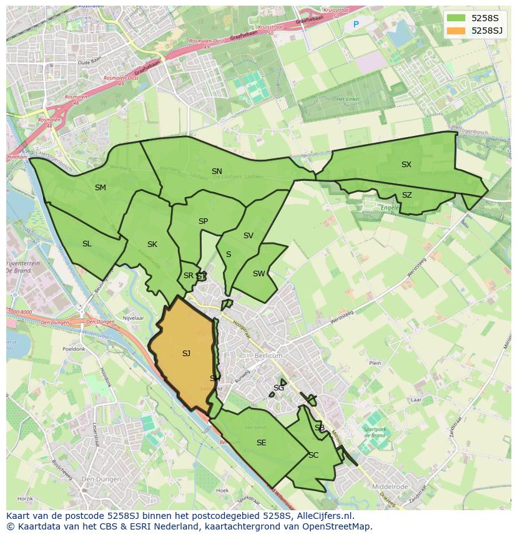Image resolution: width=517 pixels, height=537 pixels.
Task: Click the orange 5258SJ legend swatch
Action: click(x=456, y=31)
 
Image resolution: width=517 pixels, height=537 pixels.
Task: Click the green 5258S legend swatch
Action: click(x=456, y=18)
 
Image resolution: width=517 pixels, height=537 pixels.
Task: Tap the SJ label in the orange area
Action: click(x=186, y=354)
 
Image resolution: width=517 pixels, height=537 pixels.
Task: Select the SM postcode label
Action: click(x=101, y=188)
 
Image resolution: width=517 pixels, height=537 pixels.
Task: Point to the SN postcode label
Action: click(x=217, y=172)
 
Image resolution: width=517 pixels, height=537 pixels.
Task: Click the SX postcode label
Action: click(x=406, y=165)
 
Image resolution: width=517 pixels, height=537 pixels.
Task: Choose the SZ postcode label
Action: click(x=407, y=195)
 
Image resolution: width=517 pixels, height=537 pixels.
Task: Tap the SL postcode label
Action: click(x=87, y=244)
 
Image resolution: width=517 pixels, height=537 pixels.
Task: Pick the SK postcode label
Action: click(x=152, y=244)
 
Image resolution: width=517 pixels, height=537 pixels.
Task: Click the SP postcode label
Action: click(x=203, y=221)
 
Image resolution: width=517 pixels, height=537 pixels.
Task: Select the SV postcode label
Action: click(x=249, y=236)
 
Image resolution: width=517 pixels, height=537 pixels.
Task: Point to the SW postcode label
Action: click(x=258, y=274)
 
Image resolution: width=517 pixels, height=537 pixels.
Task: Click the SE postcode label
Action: click(x=261, y=443)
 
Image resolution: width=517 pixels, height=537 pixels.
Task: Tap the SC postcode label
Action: click(x=313, y=455)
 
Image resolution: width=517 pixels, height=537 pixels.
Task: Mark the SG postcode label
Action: click(x=278, y=388)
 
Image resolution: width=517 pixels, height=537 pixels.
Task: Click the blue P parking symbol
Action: click(x=356, y=25)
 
